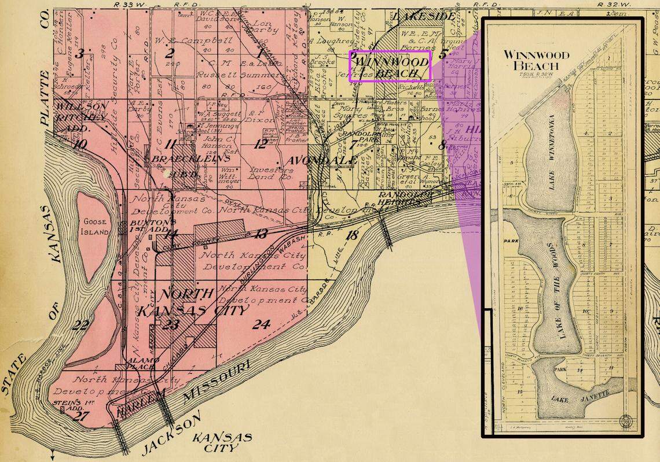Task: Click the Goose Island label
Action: (x=96, y=226)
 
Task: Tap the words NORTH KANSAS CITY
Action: (x=177, y=301)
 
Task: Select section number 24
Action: (x=261, y=324)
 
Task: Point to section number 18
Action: (x=351, y=235)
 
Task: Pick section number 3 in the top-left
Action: (x=80, y=54)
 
